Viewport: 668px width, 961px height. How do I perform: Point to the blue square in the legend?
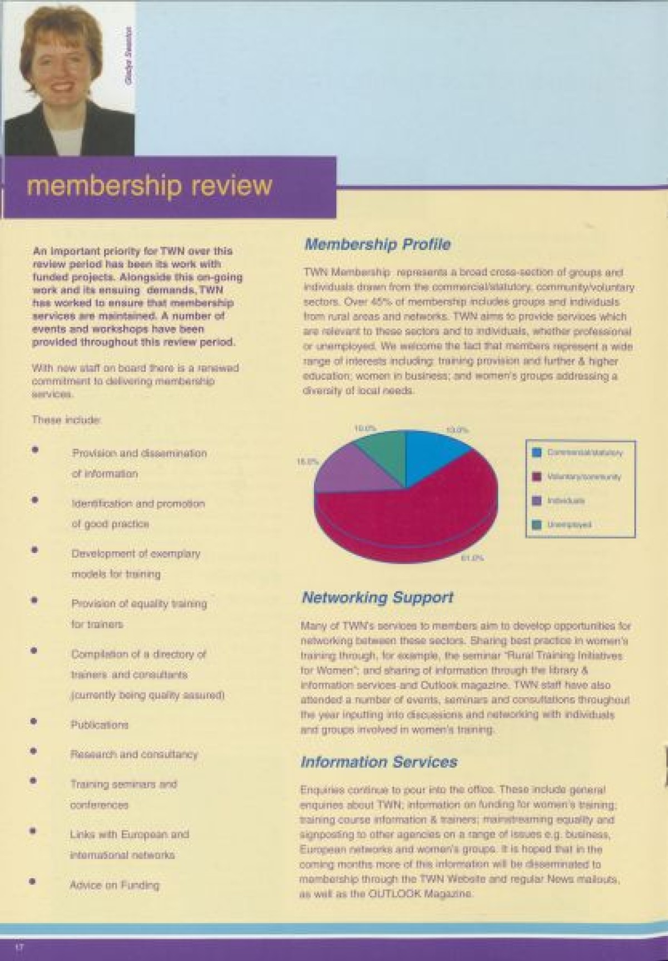pyautogui.click(x=537, y=453)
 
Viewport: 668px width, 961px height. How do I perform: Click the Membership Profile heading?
pyautogui.click(x=377, y=244)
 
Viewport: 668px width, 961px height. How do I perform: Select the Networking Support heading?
pyautogui.click(x=377, y=598)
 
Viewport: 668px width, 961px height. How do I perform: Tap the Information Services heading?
pyautogui.click(x=379, y=762)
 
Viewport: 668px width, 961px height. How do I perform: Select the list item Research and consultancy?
pyautogui.click(x=134, y=754)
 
